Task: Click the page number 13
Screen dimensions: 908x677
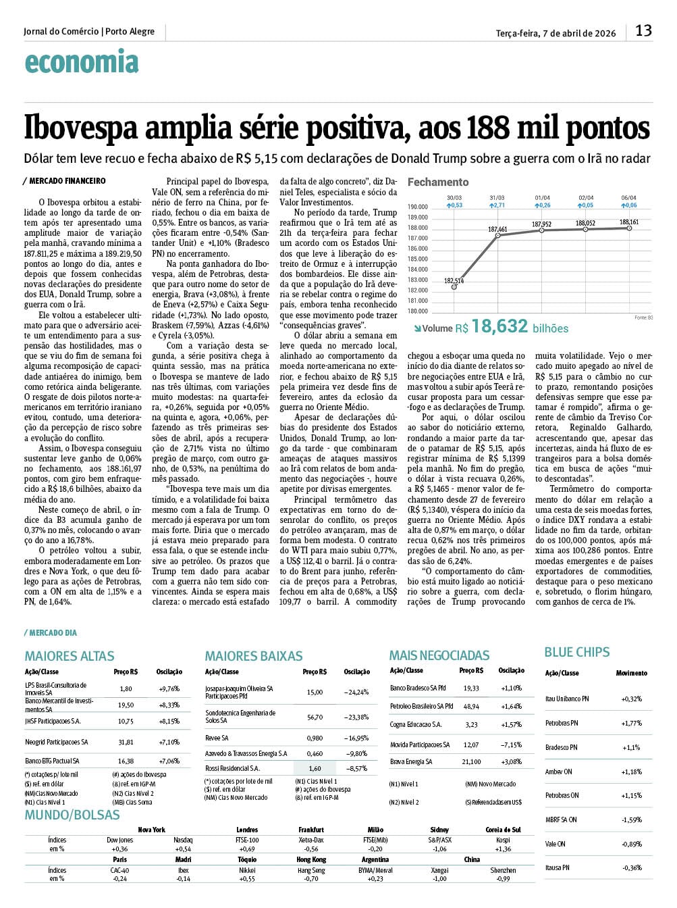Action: click(x=643, y=30)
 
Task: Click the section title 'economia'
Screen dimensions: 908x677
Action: click(x=82, y=62)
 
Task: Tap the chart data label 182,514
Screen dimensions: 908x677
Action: click(x=454, y=280)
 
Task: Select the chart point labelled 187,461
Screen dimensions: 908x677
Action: click(x=497, y=235)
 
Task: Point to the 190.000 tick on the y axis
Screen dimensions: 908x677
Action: click(x=418, y=207)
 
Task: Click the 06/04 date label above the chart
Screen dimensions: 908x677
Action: click(x=629, y=198)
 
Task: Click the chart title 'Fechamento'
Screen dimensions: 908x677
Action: click(x=438, y=182)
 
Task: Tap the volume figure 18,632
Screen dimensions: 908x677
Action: click(x=499, y=327)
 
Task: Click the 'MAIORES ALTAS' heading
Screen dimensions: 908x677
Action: click(x=70, y=656)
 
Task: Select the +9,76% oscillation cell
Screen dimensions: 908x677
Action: click(x=169, y=688)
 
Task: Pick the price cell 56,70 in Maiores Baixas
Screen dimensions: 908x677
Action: click(x=315, y=717)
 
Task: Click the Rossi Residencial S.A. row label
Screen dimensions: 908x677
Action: click(x=232, y=768)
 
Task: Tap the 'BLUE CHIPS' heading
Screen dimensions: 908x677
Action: click(x=577, y=652)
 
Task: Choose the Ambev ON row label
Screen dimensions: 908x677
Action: click(x=559, y=772)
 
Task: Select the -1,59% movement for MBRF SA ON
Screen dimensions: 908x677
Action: click(x=632, y=819)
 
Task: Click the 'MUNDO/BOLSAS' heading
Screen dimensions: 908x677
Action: click(x=72, y=815)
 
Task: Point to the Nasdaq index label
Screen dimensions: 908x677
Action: click(x=183, y=840)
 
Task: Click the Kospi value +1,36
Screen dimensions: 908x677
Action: click(x=503, y=849)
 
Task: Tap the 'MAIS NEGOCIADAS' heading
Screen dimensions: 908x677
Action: click(x=439, y=655)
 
